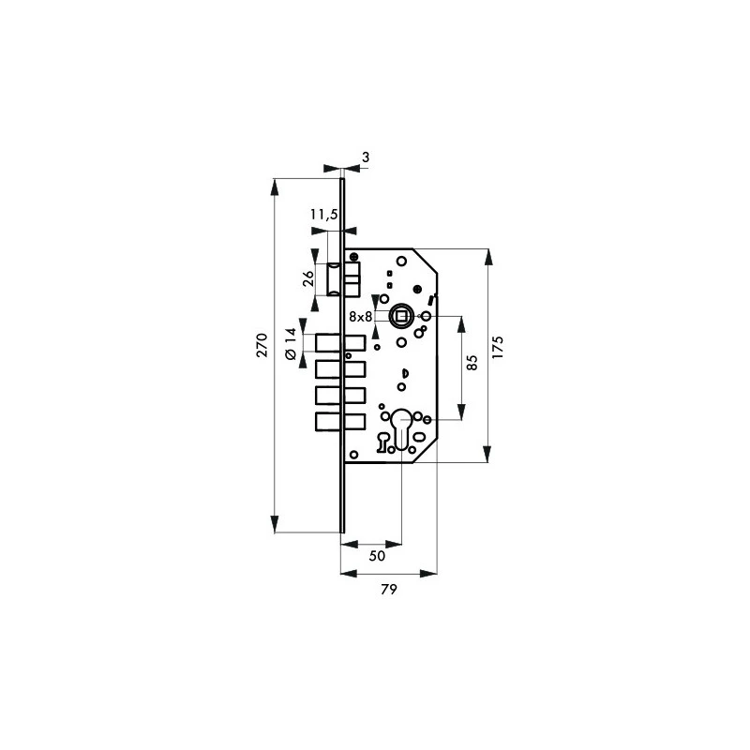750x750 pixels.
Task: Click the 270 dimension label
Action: (x=262, y=345)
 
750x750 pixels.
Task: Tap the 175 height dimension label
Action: (x=498, y=348)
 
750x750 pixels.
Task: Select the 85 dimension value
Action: (x=472, y=362)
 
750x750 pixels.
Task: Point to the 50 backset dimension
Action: (x=377, y=556)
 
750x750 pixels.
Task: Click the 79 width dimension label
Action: (x=389, y=590)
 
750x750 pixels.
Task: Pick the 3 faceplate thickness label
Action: (x=366, y=157)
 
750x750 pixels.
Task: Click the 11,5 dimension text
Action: (x=323, y=215)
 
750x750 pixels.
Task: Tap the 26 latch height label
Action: (x=309, y=278)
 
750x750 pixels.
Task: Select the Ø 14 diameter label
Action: (x=291, y=344)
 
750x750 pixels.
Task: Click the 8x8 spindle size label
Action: (x=360, y=317)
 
